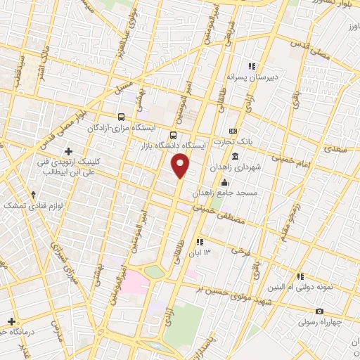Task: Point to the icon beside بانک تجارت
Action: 233,131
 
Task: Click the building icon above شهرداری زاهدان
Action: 234,155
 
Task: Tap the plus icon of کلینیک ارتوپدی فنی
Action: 68,151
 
